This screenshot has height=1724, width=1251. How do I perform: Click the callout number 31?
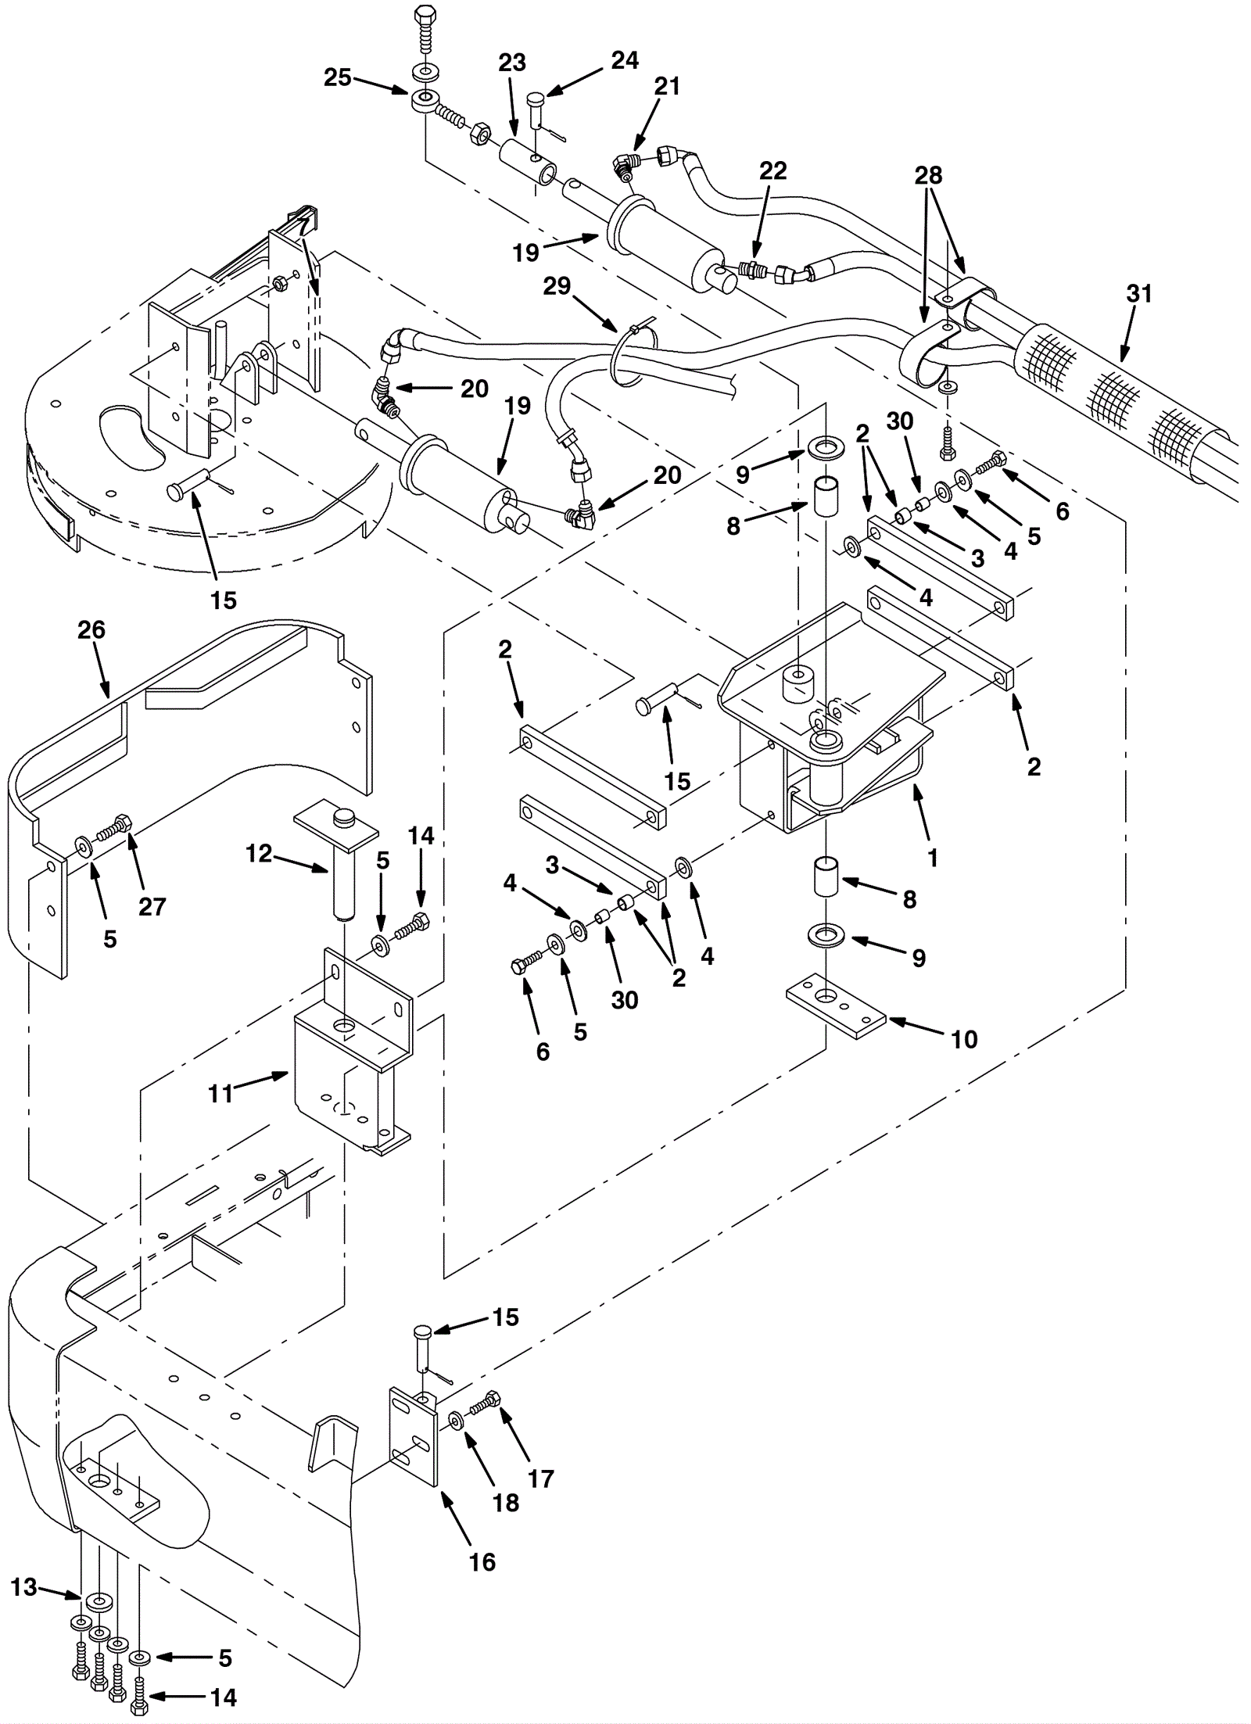click(x=1139, y=294)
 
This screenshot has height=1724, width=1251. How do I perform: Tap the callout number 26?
click(x=91, y=629)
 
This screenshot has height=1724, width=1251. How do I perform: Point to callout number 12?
click(x=258, y=854)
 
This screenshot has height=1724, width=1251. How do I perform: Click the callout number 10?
click(x=964, y=1039)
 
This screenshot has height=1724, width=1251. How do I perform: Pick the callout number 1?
click(x=932, y=858)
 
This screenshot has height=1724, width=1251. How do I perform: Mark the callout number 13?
click(x=24, y=1587)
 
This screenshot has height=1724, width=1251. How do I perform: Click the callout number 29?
click(x=557, y=286)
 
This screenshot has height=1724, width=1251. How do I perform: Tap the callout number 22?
click(x=772, y=170)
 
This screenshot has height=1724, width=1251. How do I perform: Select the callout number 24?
click(x=625, y=60)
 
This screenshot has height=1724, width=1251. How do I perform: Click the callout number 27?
click(x=152, y=906)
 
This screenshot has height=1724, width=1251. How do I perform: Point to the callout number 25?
click(x=338, y=78)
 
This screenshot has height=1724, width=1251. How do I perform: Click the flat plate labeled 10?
click(x=834, y=1005)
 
